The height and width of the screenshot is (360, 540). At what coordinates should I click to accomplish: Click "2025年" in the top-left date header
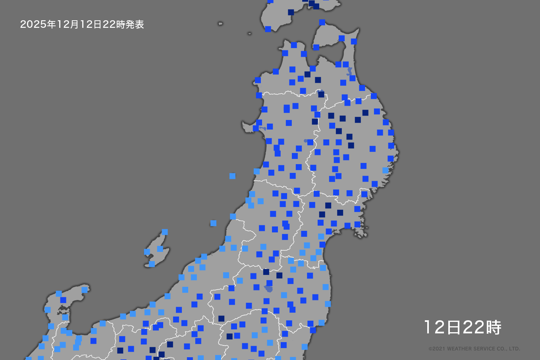pos(33,25)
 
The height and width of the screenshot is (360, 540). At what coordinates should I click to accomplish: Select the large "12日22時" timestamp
pos(463,327)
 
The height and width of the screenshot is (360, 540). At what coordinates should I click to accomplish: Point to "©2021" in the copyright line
pos(437,349)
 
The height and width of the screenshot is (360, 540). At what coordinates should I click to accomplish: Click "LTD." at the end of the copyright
pos(514,349)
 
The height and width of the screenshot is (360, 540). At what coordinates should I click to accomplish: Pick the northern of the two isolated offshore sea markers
pos(232,176)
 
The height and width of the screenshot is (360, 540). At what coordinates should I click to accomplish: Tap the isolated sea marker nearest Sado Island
pos(213,223)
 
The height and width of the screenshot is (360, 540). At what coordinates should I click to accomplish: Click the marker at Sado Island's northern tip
pos(165,232)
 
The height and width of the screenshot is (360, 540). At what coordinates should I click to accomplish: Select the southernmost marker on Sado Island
pos(152,264)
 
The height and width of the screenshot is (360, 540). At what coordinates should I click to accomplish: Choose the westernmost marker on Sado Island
pos(147,252)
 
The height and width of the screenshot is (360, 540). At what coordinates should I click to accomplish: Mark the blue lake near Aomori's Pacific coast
pos(349,72)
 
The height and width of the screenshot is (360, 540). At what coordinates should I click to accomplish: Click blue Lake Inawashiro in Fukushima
pos(270,288)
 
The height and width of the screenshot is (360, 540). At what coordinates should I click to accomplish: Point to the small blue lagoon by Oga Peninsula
pos(263,129)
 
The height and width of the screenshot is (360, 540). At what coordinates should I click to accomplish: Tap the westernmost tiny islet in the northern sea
pos(220,24)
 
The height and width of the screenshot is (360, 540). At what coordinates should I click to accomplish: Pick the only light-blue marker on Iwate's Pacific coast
pos(385,170)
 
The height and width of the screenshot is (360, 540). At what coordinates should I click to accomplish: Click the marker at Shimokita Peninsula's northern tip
pos(322,22)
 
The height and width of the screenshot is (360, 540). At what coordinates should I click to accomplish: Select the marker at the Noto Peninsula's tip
pos(85,290)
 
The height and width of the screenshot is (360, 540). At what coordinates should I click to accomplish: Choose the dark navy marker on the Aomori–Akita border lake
pos(321,94)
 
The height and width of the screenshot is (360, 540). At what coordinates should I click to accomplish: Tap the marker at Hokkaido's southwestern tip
pos(268,29)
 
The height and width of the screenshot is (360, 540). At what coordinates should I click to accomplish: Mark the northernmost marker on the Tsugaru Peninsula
pos(294,45)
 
